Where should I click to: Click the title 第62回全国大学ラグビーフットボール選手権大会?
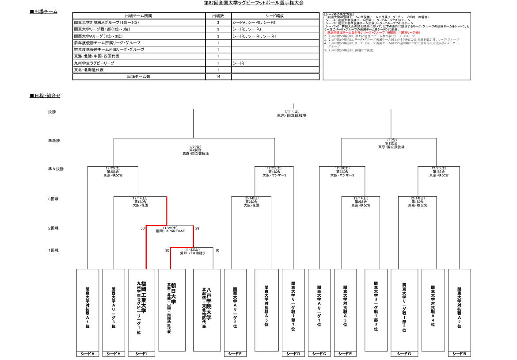(254, 3)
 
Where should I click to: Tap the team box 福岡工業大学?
(142, 309)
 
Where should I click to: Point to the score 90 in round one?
(167, 250)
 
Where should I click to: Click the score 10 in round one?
(217, 250)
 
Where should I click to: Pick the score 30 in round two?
(142, 228)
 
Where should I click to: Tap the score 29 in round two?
(197, 228)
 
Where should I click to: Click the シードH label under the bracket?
(114, 354)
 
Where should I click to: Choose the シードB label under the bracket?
(459, 354)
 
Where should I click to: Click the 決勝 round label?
(52, 112)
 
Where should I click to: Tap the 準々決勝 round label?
(56, 169)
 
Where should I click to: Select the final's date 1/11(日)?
(292, 111)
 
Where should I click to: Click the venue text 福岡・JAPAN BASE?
(170, 231)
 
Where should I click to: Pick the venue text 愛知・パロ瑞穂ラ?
(193, 253)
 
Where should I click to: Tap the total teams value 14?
(218, 77)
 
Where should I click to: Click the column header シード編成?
(274, 15)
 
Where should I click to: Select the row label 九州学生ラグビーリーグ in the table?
(94, 63)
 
